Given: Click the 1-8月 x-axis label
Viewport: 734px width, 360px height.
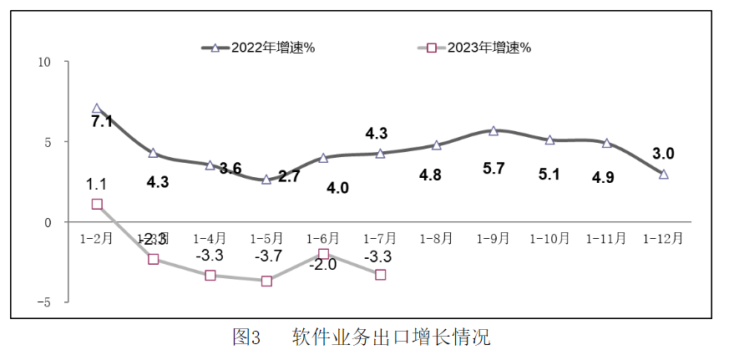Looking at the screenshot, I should (x=436, y=238).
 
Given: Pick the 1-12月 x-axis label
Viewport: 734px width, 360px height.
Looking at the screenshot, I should (x=663, y=238).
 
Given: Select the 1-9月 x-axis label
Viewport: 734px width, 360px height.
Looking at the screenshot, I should (x=493, y=238).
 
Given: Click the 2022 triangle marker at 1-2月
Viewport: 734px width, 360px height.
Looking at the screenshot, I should (x=97, y=109).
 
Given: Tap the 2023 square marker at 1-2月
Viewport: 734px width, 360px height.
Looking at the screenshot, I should (x=97, y=204).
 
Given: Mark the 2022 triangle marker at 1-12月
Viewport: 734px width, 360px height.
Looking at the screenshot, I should (x=663, y=174).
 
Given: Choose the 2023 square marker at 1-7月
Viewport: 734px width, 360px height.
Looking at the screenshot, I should (x=380, y=275).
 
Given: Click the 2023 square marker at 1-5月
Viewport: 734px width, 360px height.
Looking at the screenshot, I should (x=266, y=281).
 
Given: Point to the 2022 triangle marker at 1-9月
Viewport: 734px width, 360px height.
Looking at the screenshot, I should (x=494, y=130).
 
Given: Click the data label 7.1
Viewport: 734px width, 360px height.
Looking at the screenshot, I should (x=102, y=122).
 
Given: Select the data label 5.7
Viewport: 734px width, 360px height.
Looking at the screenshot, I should (x=494, y=168).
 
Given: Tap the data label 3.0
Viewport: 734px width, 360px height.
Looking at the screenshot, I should (x=663, y=154).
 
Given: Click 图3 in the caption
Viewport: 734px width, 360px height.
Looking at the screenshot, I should (x=247, y=338).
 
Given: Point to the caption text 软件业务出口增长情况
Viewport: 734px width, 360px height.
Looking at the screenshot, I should (x=391, y=338).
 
